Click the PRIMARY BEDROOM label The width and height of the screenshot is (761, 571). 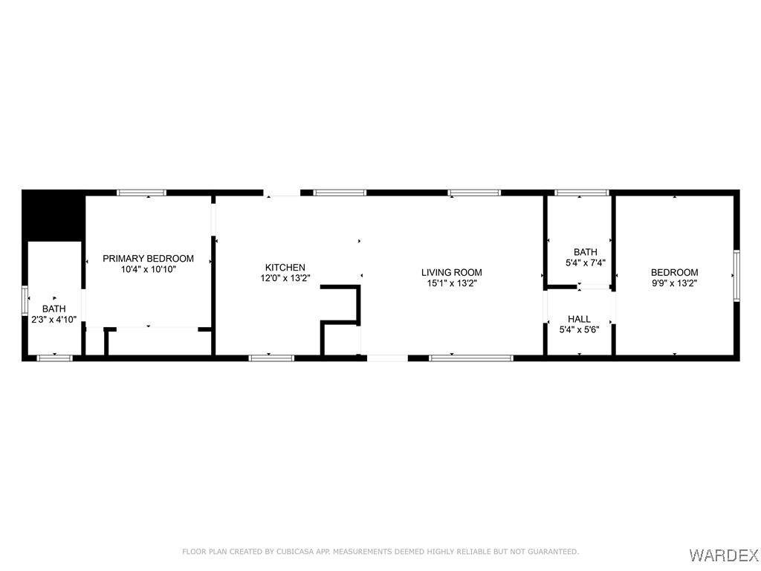(148, 258)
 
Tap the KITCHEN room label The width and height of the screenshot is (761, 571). (285, 267)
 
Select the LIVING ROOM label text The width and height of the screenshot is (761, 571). (451, 272)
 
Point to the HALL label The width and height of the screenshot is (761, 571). (579, 319)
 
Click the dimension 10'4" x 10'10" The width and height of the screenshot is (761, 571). (148, 269)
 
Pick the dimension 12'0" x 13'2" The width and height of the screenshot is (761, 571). (285, 278)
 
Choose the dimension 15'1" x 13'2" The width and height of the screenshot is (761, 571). (451, 283)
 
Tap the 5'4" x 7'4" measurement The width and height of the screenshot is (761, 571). (586, 263)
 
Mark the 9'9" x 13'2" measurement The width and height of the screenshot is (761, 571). (675, 283)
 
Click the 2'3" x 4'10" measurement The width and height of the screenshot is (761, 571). (54, 320)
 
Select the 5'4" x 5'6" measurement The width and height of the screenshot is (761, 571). (579, 329)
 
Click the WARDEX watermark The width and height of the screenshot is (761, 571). (723, 555)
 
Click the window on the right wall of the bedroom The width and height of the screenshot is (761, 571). (736, 275)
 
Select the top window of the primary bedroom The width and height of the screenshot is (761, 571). (142, 193)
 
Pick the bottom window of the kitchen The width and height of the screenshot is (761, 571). (271, 358)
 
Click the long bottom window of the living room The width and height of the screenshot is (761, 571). (470, 358)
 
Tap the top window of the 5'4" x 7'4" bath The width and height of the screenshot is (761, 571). (581, 193)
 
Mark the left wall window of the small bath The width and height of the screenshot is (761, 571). (25, 301)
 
